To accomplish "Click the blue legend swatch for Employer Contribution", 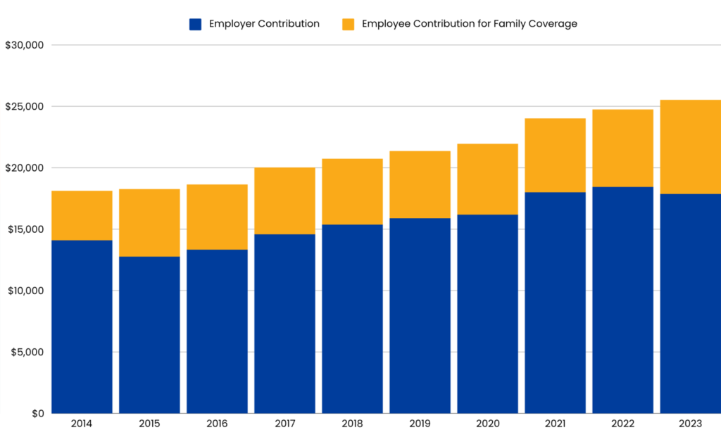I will (196, 24).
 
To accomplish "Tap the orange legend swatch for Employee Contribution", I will (348, 24).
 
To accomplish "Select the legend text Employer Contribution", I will (264, 24).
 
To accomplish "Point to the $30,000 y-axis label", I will (25, 45).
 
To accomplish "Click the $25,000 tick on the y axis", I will (25, 106).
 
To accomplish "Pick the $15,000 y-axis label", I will (25, 229).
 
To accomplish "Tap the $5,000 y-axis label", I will (27, 352).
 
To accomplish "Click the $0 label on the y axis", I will (37, 413).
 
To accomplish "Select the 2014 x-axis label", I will (82, 424).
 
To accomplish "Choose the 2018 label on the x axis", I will (352, 424).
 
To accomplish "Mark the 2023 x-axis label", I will (691, 424).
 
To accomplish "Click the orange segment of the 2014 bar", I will (82, 215).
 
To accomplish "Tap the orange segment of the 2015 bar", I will (149, 222).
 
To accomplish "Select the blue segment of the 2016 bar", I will (217, 331).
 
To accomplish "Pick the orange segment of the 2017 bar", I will (284, 201).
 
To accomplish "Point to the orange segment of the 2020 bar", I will (487, 179).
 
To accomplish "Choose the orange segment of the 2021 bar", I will (555, 155).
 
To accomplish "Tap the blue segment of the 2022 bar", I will (622, 300).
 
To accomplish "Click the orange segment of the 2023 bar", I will (691, 146).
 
